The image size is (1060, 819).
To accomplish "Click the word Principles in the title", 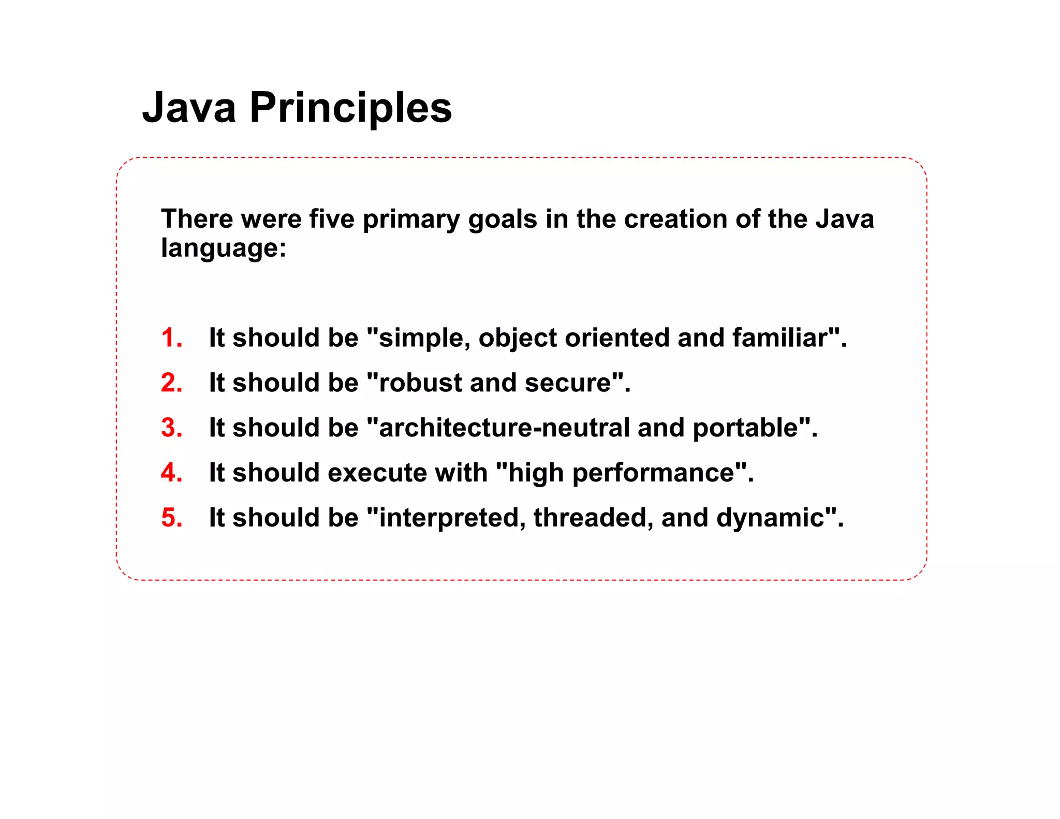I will click(x=350, y=108).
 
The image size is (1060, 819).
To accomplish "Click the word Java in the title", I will click(x=189, y=108).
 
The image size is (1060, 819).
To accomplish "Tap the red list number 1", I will click(x=171, y=338).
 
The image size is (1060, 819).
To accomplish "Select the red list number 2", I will click(x=171, y=383).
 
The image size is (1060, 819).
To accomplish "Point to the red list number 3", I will click(x=171, y=428).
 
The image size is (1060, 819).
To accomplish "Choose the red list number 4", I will click(x=171, y=473).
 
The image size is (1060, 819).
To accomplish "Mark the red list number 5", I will click(x=171, y=518).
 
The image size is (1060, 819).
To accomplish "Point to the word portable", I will click(x=745, y=428).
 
